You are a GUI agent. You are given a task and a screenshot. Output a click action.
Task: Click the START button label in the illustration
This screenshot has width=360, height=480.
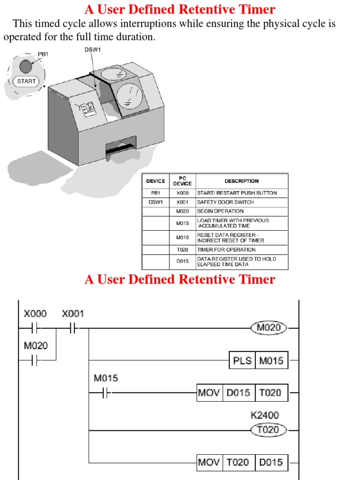26,81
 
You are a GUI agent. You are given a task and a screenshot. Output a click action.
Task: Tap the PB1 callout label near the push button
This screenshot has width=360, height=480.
43,54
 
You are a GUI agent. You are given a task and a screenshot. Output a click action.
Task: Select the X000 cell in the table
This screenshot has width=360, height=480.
182,193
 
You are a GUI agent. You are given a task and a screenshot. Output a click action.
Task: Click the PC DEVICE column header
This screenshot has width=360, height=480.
182,181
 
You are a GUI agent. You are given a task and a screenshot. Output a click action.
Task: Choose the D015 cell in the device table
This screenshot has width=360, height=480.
182,262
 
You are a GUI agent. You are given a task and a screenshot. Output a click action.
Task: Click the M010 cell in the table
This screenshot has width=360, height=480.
182,238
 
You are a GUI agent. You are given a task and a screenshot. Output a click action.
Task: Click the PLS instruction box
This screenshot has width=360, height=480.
242,361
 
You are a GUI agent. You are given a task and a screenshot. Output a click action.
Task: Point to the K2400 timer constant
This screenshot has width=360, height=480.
265,415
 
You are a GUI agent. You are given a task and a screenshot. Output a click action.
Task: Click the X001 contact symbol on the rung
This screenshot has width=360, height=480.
73,328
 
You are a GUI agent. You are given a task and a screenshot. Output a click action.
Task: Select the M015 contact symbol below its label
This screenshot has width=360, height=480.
106,394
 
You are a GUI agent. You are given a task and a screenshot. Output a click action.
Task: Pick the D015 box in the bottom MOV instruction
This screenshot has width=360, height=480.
271,463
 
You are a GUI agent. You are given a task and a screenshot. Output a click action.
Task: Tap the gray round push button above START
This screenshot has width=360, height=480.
26,67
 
